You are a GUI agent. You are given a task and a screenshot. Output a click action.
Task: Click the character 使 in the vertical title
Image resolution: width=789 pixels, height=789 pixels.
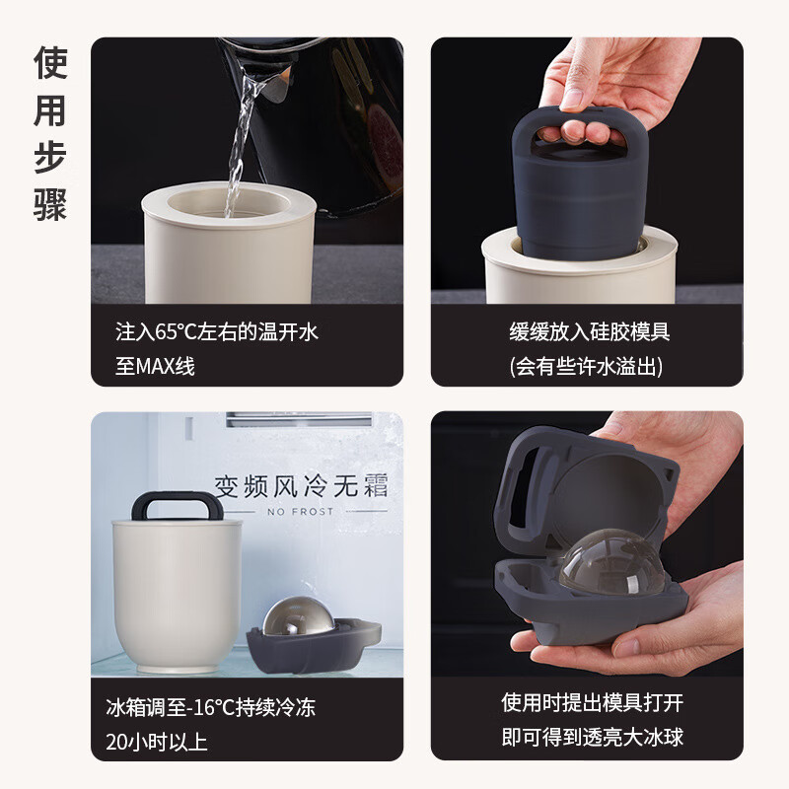click(49, 64)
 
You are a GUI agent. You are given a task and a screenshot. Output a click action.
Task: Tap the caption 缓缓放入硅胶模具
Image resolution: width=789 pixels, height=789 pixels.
click(589, 332)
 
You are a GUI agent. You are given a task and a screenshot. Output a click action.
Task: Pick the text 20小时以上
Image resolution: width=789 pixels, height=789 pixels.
click(156, 742)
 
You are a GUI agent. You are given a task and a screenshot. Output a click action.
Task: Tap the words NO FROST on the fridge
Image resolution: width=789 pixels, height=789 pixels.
click(300, 511)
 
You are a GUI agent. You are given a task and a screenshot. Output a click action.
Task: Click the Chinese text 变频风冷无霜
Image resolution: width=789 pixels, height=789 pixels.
click(300, 485)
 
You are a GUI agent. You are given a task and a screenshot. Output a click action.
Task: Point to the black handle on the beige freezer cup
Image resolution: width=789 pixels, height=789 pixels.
click(178, 504)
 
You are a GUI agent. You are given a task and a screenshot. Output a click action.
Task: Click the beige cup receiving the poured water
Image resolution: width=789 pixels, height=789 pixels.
click(229, 251)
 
